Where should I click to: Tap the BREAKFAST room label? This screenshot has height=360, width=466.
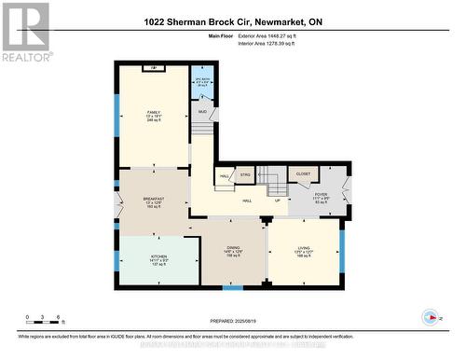click(154, 199)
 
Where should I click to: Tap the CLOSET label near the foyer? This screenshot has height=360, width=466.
click(303, 173)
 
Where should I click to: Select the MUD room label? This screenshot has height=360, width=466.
click(203, 112)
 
